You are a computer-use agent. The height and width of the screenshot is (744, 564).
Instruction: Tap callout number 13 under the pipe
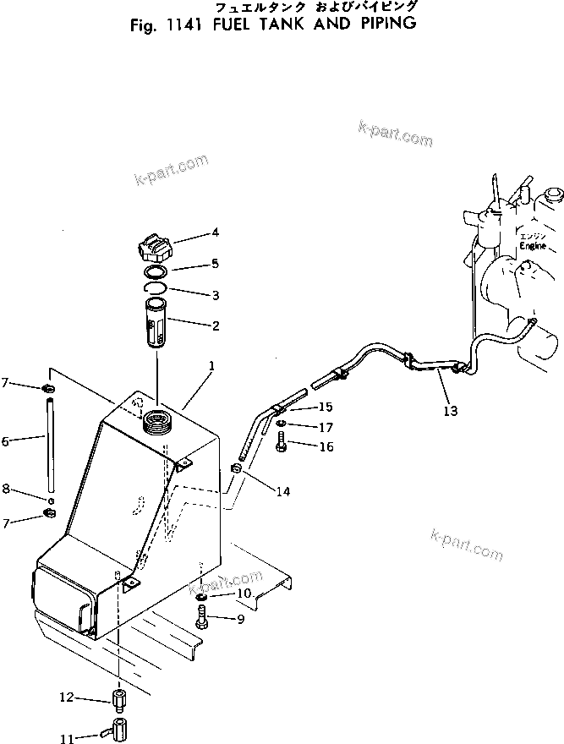tap(451, 411)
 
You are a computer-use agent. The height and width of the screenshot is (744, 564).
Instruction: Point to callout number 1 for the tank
tap(212, 367)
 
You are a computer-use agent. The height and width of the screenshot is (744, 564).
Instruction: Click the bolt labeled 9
tap(201, 620)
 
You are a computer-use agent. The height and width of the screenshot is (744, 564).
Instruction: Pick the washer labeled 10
tap(202, 596)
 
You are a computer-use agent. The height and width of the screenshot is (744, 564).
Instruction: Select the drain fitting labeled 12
tap(118, 701)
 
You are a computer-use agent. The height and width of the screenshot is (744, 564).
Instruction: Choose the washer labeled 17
tap(280, 424)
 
